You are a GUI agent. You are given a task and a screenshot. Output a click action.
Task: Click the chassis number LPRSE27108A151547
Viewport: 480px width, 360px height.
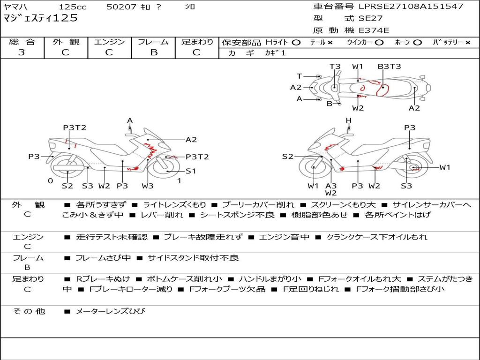click(x=411, y=6)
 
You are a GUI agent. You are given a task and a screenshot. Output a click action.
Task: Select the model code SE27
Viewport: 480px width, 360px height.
click(x=370, y=18)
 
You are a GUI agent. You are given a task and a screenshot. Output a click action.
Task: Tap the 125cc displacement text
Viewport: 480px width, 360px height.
click(x=73, y=7)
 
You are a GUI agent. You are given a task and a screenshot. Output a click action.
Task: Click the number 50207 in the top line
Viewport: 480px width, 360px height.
click(x=121, y=7)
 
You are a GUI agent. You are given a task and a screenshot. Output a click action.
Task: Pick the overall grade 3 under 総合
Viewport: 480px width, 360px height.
click(x=22, y=52)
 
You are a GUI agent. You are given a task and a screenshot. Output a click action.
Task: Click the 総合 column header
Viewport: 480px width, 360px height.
click(x=22, y=42)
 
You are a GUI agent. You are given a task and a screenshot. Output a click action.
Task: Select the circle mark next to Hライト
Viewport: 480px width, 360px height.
click(x=296, y=43)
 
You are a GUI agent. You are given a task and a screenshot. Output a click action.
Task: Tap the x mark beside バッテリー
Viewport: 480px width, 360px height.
click(x=468, y=43)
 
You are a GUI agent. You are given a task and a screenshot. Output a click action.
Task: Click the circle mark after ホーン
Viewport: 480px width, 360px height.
click(x=418, y=43)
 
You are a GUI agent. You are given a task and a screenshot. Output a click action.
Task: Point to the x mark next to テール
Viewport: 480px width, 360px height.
click(x=330, y=43)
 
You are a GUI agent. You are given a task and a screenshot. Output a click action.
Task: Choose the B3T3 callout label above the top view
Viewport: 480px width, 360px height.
click(x=389, y=67)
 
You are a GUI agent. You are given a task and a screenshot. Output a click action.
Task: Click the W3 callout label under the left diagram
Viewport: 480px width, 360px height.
click(x=147, y=186)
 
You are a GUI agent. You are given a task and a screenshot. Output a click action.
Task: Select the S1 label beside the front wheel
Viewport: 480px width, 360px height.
click(x=191, y=171)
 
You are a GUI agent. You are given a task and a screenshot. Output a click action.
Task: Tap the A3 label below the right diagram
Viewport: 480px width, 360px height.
click(x=331, y=186)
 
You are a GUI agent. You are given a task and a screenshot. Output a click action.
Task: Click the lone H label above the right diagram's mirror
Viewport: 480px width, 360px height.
click(x=348, y=120)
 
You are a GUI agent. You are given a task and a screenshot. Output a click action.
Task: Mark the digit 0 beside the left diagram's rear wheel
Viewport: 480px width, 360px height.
click(x=51, y=181)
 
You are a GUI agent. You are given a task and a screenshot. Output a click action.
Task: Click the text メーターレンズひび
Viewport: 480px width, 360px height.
click(x=110, y=311)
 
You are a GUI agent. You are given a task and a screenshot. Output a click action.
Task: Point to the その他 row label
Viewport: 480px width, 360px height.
click(x=29, y=311)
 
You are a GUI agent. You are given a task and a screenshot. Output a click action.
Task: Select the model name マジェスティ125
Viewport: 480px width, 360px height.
click(x=40, y=18)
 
